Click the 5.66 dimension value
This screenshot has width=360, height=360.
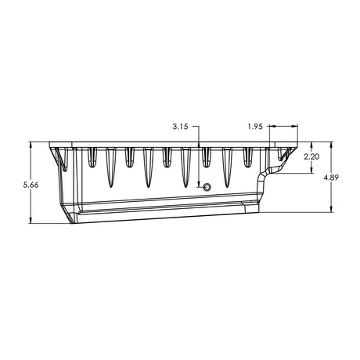tap(31, 185)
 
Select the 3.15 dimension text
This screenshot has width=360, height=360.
tap(180, 127)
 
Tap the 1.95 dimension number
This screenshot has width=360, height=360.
tap(255, 127)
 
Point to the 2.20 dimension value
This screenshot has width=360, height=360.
tap(311, 157)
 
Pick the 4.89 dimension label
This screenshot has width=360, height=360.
tap(331, 178)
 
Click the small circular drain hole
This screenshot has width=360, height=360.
tap(207, 187)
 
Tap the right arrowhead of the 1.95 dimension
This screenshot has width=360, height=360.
tap(294, 126)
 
